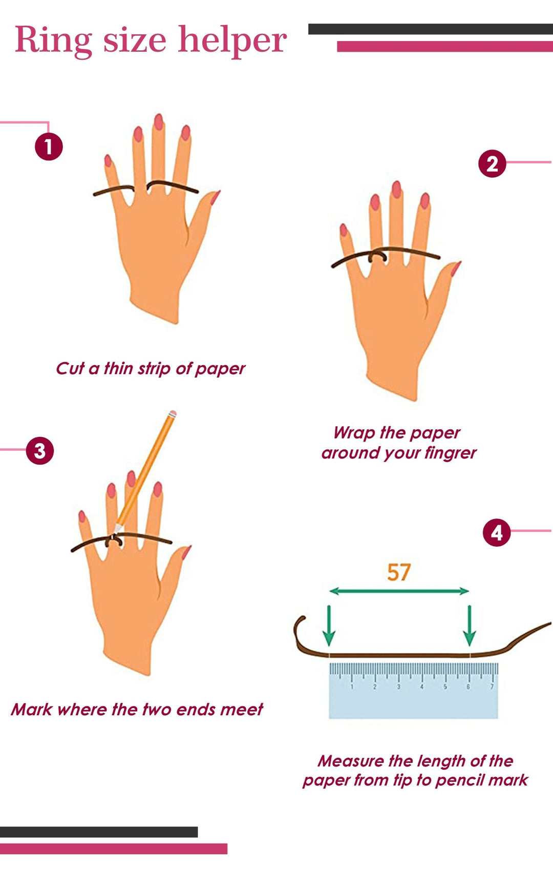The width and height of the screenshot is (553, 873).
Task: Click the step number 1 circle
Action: (x=49, y=147)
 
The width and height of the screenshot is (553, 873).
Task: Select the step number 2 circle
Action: (x=492, y=163)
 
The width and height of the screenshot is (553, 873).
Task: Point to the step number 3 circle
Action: (x=40, y=450)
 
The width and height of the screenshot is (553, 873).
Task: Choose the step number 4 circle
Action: (x=497, y=532)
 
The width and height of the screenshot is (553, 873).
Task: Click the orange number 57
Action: (x=399, y=572)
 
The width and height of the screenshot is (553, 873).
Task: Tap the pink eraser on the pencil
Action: (x=173, y=413)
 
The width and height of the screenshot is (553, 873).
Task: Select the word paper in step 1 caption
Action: (x=220, y=369)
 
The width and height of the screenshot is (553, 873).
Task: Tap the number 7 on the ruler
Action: (x=492, y=687)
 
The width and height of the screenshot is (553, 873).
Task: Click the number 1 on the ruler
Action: (x=352, y=687)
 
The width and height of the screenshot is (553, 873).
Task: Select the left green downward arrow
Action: (x=329, y=626)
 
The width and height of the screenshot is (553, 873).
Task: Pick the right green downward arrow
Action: (x=470, y=626)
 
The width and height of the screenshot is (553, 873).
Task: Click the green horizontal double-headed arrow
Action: (x=399, y=591)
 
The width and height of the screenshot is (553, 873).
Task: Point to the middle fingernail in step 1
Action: (x=159, y=121)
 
